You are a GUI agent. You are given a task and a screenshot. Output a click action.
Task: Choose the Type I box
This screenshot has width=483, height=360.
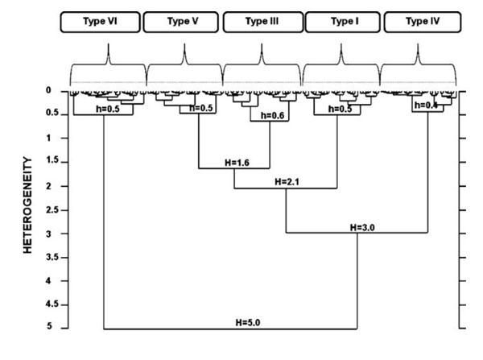340,23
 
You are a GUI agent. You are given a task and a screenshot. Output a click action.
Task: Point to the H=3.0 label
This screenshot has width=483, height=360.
363,227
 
